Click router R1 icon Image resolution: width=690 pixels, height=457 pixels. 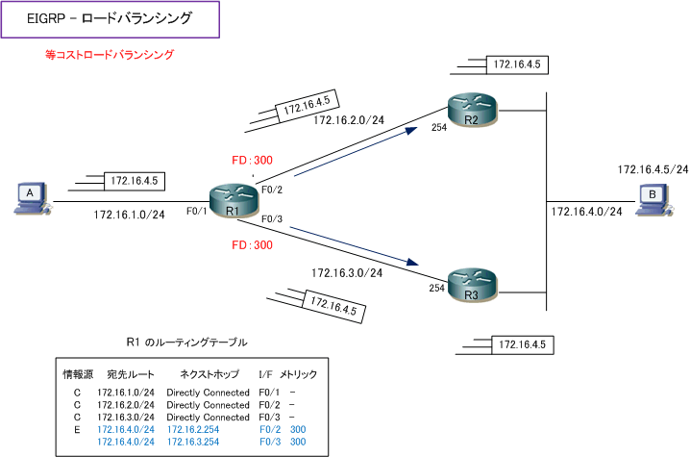[x=233, y=201]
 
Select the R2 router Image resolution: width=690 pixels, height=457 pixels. [x=472, y=111]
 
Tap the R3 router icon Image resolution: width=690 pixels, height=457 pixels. [x=472, y=285]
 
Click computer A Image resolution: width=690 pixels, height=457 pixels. [x=32, y=198]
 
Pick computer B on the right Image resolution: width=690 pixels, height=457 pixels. [x=653, y=200]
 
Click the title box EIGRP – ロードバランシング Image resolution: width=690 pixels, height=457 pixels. [x=110, y=19]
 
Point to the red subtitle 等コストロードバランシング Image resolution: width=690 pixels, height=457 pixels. [x=110, y=55]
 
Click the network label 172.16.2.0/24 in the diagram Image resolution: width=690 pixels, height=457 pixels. [x=349, y=120]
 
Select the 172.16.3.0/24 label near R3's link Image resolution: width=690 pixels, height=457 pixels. [x=347, y=273]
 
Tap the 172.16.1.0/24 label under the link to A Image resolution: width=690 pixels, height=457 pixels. [x=129, y=215]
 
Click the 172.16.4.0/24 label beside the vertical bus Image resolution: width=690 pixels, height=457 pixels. [x=586, y=212]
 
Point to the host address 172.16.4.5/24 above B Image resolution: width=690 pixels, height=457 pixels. [x=653, y=169]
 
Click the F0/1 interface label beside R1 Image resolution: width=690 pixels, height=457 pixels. [x=196, y=211]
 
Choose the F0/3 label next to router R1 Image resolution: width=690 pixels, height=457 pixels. [x=272, y=219]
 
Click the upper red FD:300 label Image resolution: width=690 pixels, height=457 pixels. [x=252, y=160]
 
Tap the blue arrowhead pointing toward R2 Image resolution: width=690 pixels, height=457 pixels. [x=412, y=130]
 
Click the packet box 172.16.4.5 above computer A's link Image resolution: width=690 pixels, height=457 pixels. [x=135, y=181]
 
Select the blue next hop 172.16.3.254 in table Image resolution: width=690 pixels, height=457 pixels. [x=193, y=442]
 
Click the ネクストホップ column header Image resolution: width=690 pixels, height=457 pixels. [x=209, y=374]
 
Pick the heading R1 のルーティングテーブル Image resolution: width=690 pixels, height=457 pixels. [x=186, y=343]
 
